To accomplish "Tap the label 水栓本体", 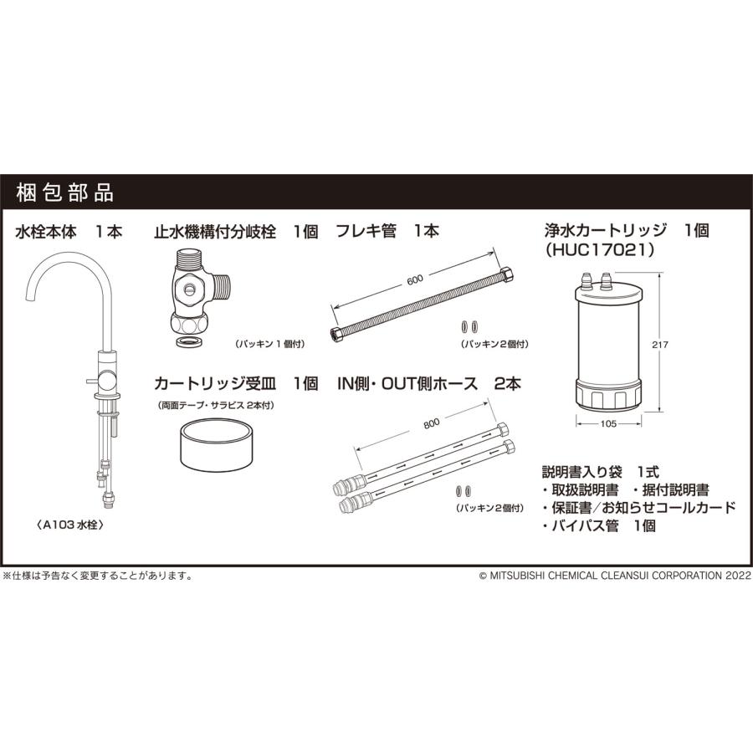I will coord(46,232).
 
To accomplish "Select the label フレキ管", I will coord(366,232).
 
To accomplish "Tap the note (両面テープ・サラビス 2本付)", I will coord(216,405).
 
